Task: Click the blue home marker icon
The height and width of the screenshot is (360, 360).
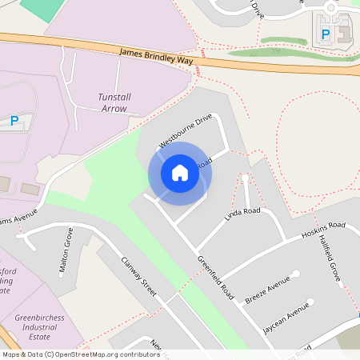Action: pyautogui.click(x=180, y=172)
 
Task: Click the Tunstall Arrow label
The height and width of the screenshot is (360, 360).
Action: pyautogui.click(x=112, y=102)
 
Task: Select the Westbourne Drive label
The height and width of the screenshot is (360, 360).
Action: pyautogui.click(x=186, y=130)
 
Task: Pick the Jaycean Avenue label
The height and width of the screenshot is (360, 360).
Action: pyautogui.click(x=286, y=318)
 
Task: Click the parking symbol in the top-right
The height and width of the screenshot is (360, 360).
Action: pyautogui.click(x=325, y=34)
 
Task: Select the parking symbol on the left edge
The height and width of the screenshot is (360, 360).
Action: pyautogui.click(x=14, y=121)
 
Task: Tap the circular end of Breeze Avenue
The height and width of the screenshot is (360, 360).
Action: pyautogui.click(x=296, y=274)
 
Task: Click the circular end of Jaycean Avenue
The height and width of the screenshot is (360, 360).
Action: pyautogui.click(x=308, y=304)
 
